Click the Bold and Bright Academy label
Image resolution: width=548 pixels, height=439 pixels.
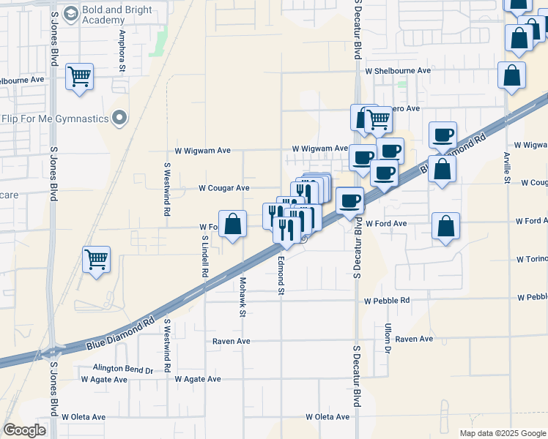pos(117,15)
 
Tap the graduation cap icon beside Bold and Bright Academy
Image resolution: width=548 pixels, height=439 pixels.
pos(70,13)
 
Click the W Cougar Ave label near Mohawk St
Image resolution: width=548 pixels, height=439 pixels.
pos(224,188)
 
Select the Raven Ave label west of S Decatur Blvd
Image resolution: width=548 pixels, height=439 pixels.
pos(232,342)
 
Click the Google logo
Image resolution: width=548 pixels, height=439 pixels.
pos(25,430)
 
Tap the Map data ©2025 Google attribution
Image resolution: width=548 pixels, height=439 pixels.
pos(503,433)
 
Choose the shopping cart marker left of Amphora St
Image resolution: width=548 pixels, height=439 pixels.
pos(79,77)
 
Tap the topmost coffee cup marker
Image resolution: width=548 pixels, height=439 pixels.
pos(443,135)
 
